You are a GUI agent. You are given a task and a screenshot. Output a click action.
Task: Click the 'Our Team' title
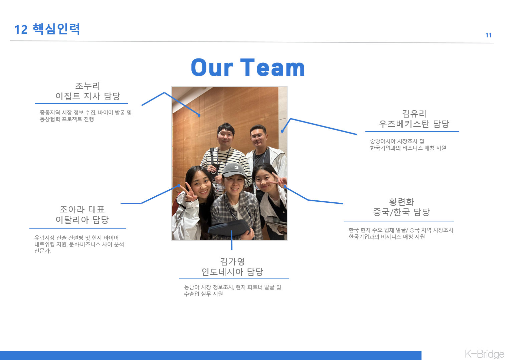point(248,68)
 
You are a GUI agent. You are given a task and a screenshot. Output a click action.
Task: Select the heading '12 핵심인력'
point(47,29)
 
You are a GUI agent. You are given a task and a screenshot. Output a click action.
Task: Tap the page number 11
point(488,35)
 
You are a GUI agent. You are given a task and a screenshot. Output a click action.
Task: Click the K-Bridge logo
point(484,354)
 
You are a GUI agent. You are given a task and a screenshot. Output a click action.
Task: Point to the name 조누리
point(88,86)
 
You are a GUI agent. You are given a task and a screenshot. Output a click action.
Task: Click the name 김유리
point(414,114)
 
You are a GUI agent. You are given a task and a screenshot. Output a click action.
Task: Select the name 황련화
point(401,202)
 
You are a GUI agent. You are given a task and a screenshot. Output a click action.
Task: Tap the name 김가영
point(232,261)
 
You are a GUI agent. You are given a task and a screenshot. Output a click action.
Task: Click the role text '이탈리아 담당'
point(82,220)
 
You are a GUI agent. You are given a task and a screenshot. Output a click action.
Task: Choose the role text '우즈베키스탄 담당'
point(414,124)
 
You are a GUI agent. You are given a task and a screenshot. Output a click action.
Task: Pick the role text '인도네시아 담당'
point(232,272)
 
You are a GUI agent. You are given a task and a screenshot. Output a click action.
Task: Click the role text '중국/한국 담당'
point(401,212)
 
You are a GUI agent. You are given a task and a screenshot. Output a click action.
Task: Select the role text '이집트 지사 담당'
point(88,96)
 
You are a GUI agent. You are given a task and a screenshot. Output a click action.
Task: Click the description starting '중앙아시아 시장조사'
point(408,145)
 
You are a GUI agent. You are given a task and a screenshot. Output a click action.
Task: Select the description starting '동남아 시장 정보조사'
point(232,291)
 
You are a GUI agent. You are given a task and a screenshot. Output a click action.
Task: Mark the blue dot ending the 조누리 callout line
point(199,115)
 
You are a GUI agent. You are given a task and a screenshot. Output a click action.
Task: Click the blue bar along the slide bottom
point(210,355)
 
